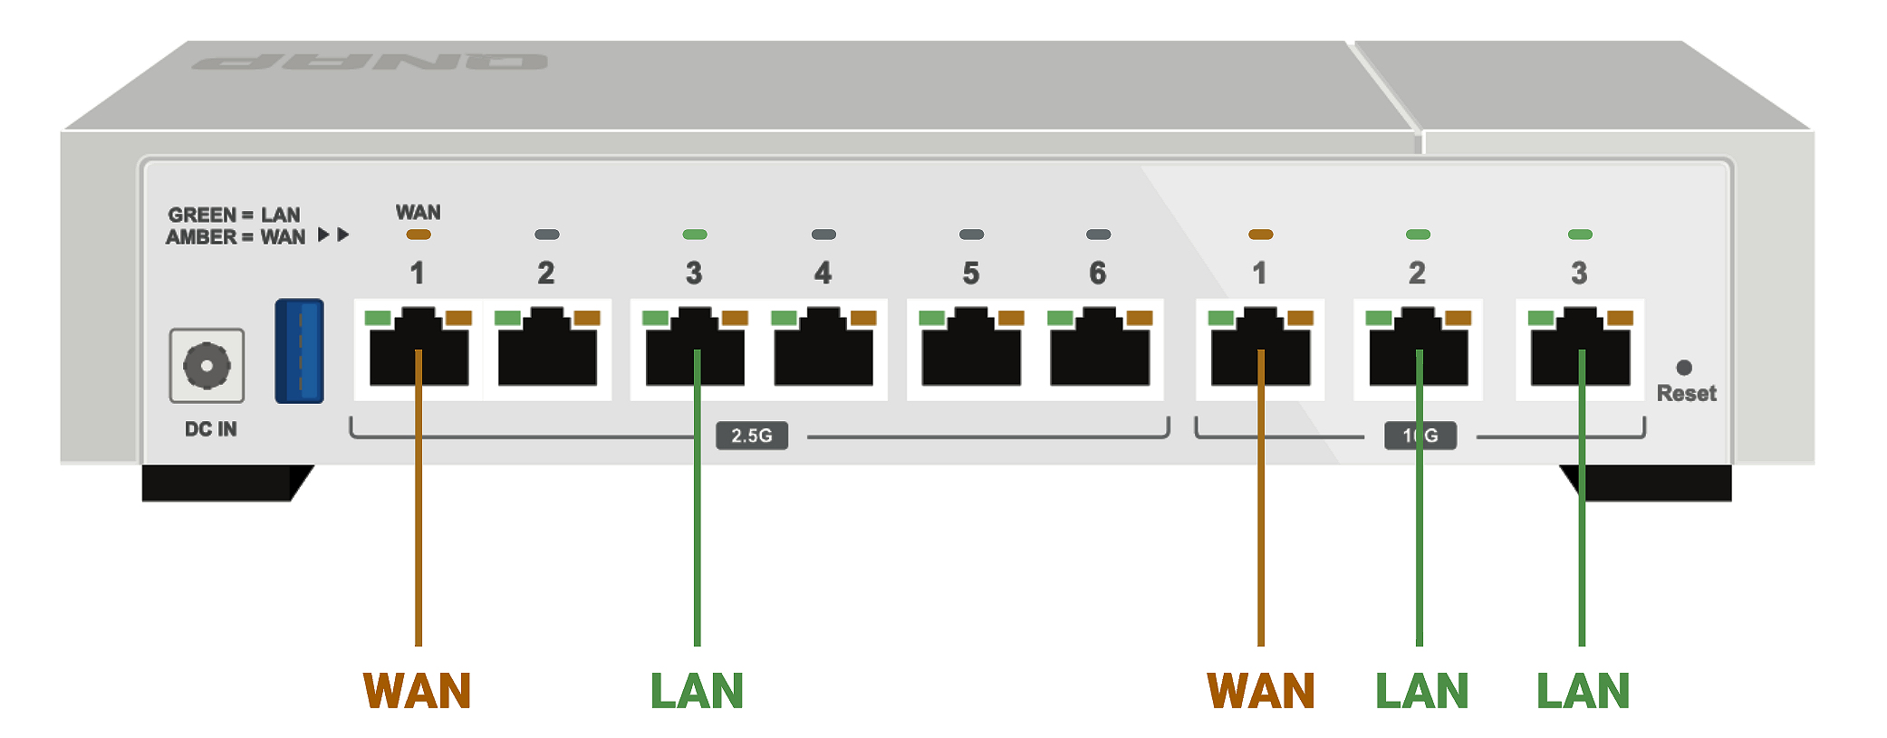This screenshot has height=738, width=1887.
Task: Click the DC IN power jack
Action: point(207,366)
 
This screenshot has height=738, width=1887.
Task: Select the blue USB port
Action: point(300,350)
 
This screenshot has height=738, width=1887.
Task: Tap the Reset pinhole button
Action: point(1684,368)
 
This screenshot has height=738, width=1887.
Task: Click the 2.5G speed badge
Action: point(752,436)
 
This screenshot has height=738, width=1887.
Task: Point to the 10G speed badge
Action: point(1420,436)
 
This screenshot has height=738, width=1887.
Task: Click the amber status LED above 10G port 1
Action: point(1260,235)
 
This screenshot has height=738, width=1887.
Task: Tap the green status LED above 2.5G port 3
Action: point(695,235)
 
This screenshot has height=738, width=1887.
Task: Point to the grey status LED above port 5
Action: point(971,235)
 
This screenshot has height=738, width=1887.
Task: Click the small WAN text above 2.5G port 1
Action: point(418,212)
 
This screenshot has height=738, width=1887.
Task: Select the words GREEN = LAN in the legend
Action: point(234,215)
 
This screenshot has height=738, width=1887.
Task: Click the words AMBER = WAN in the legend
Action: point(236,237)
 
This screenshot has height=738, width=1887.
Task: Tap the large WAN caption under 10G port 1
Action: point(1261,691)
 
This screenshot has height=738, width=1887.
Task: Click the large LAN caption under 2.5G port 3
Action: point(697,691)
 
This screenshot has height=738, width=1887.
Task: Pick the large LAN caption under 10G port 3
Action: point(1583,691)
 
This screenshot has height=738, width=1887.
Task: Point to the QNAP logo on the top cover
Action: point(370,62)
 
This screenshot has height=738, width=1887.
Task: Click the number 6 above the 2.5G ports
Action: point(1098,273)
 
